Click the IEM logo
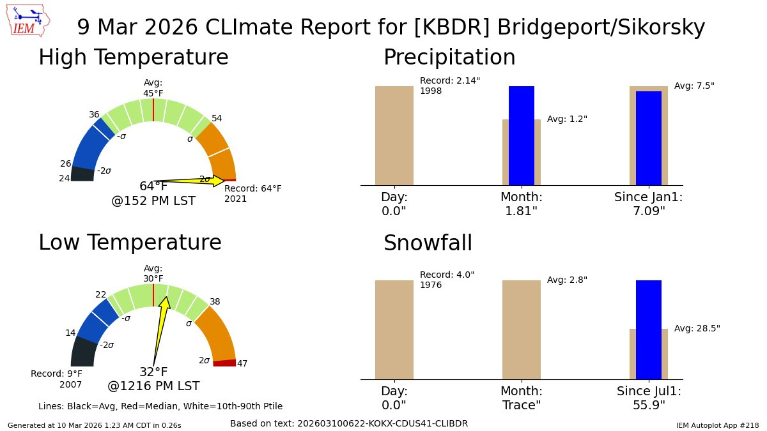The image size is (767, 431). click(x=29, y=21)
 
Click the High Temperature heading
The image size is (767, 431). click(x=133, y=57)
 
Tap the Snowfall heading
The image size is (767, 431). click(x=428, y=243)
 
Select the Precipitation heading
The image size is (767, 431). click(x=449, y=57)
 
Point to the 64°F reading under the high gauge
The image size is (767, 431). click(x=153, y=186)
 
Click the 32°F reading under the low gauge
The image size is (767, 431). click(x=153, y=372)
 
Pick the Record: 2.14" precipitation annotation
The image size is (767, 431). click(x=449, y=86)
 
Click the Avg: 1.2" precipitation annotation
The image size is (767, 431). click(x=567, y=119)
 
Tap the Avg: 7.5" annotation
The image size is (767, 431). click(x=694, y=86)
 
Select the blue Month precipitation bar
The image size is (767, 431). click(x=521, y=135)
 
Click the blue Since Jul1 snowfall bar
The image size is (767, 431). click(x=648, y=329)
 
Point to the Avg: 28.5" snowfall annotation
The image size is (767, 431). click(x=697, y=328)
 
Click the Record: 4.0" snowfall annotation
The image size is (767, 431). click(x=447, y=280)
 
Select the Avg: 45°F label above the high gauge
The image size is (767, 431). click(x=153, y=87)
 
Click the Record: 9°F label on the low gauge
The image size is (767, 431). click(x=56, y=379)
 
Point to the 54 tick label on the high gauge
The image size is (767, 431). click(x=217, y=119)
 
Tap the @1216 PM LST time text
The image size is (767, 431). click(x=153, y=386)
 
